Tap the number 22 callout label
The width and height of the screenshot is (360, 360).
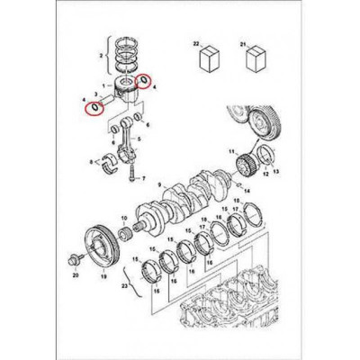click(x=196, y=43)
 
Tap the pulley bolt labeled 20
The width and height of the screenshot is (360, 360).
click(x=71, y=261)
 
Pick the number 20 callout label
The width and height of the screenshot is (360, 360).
click(x=76, y=276)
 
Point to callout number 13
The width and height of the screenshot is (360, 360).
click(x=276, y=170)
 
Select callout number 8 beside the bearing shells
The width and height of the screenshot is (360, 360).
click(x=93, y=163)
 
